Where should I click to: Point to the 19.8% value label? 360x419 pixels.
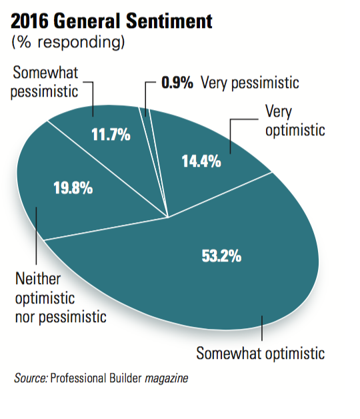(x=73, y=187)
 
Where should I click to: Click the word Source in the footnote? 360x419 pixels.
(x=31, y=378)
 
